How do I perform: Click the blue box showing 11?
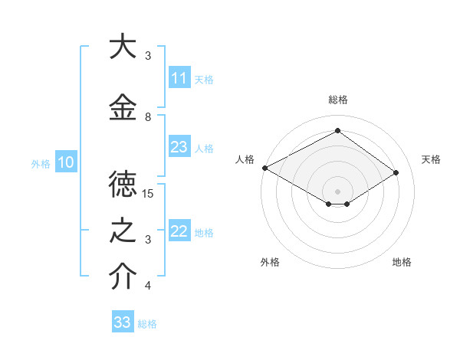coord(179,78)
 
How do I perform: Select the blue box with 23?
coord(179,147)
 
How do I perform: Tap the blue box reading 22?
coord(179,231)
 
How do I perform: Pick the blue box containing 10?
coord(65,162)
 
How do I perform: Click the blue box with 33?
coord(123,322)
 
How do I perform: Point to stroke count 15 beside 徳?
coord(148,194)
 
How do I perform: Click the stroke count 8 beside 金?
coord(148,117)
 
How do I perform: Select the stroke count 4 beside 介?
coord(148,286)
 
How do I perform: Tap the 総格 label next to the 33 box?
coord(147,323)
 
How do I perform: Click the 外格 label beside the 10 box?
coord(40,163)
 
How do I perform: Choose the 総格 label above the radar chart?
coord(337,100)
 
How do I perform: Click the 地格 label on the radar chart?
coord(402,262)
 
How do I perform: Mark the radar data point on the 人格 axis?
coord(264,168)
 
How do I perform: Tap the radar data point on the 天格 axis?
coord(396,173)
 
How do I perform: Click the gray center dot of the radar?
coord(337,191)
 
